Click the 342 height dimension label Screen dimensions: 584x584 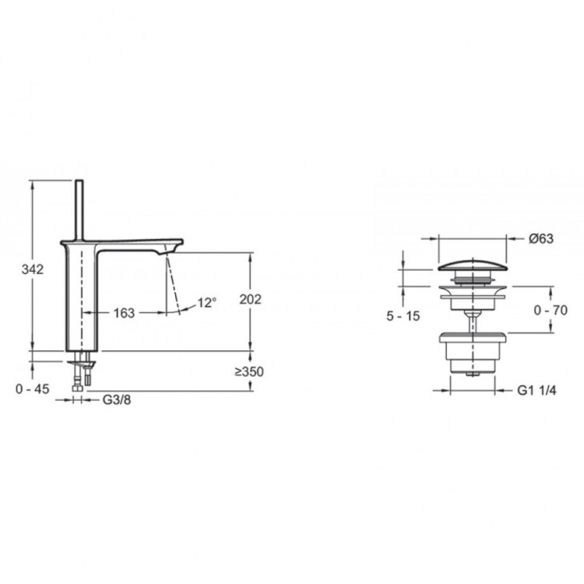(x=32, y=269)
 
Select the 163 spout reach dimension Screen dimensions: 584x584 (x=123, y=312)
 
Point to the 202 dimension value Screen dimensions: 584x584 (x=251, y=300)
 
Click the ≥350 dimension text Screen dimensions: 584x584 (x=249, y=371)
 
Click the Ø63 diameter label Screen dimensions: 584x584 (x=540, y=239)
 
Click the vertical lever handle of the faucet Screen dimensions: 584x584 (x=79, y=209)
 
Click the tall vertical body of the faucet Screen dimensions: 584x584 (x=80, y=300)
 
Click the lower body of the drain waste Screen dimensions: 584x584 (x=473, y=354)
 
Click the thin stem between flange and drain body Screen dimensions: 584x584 (x=473, y=319)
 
